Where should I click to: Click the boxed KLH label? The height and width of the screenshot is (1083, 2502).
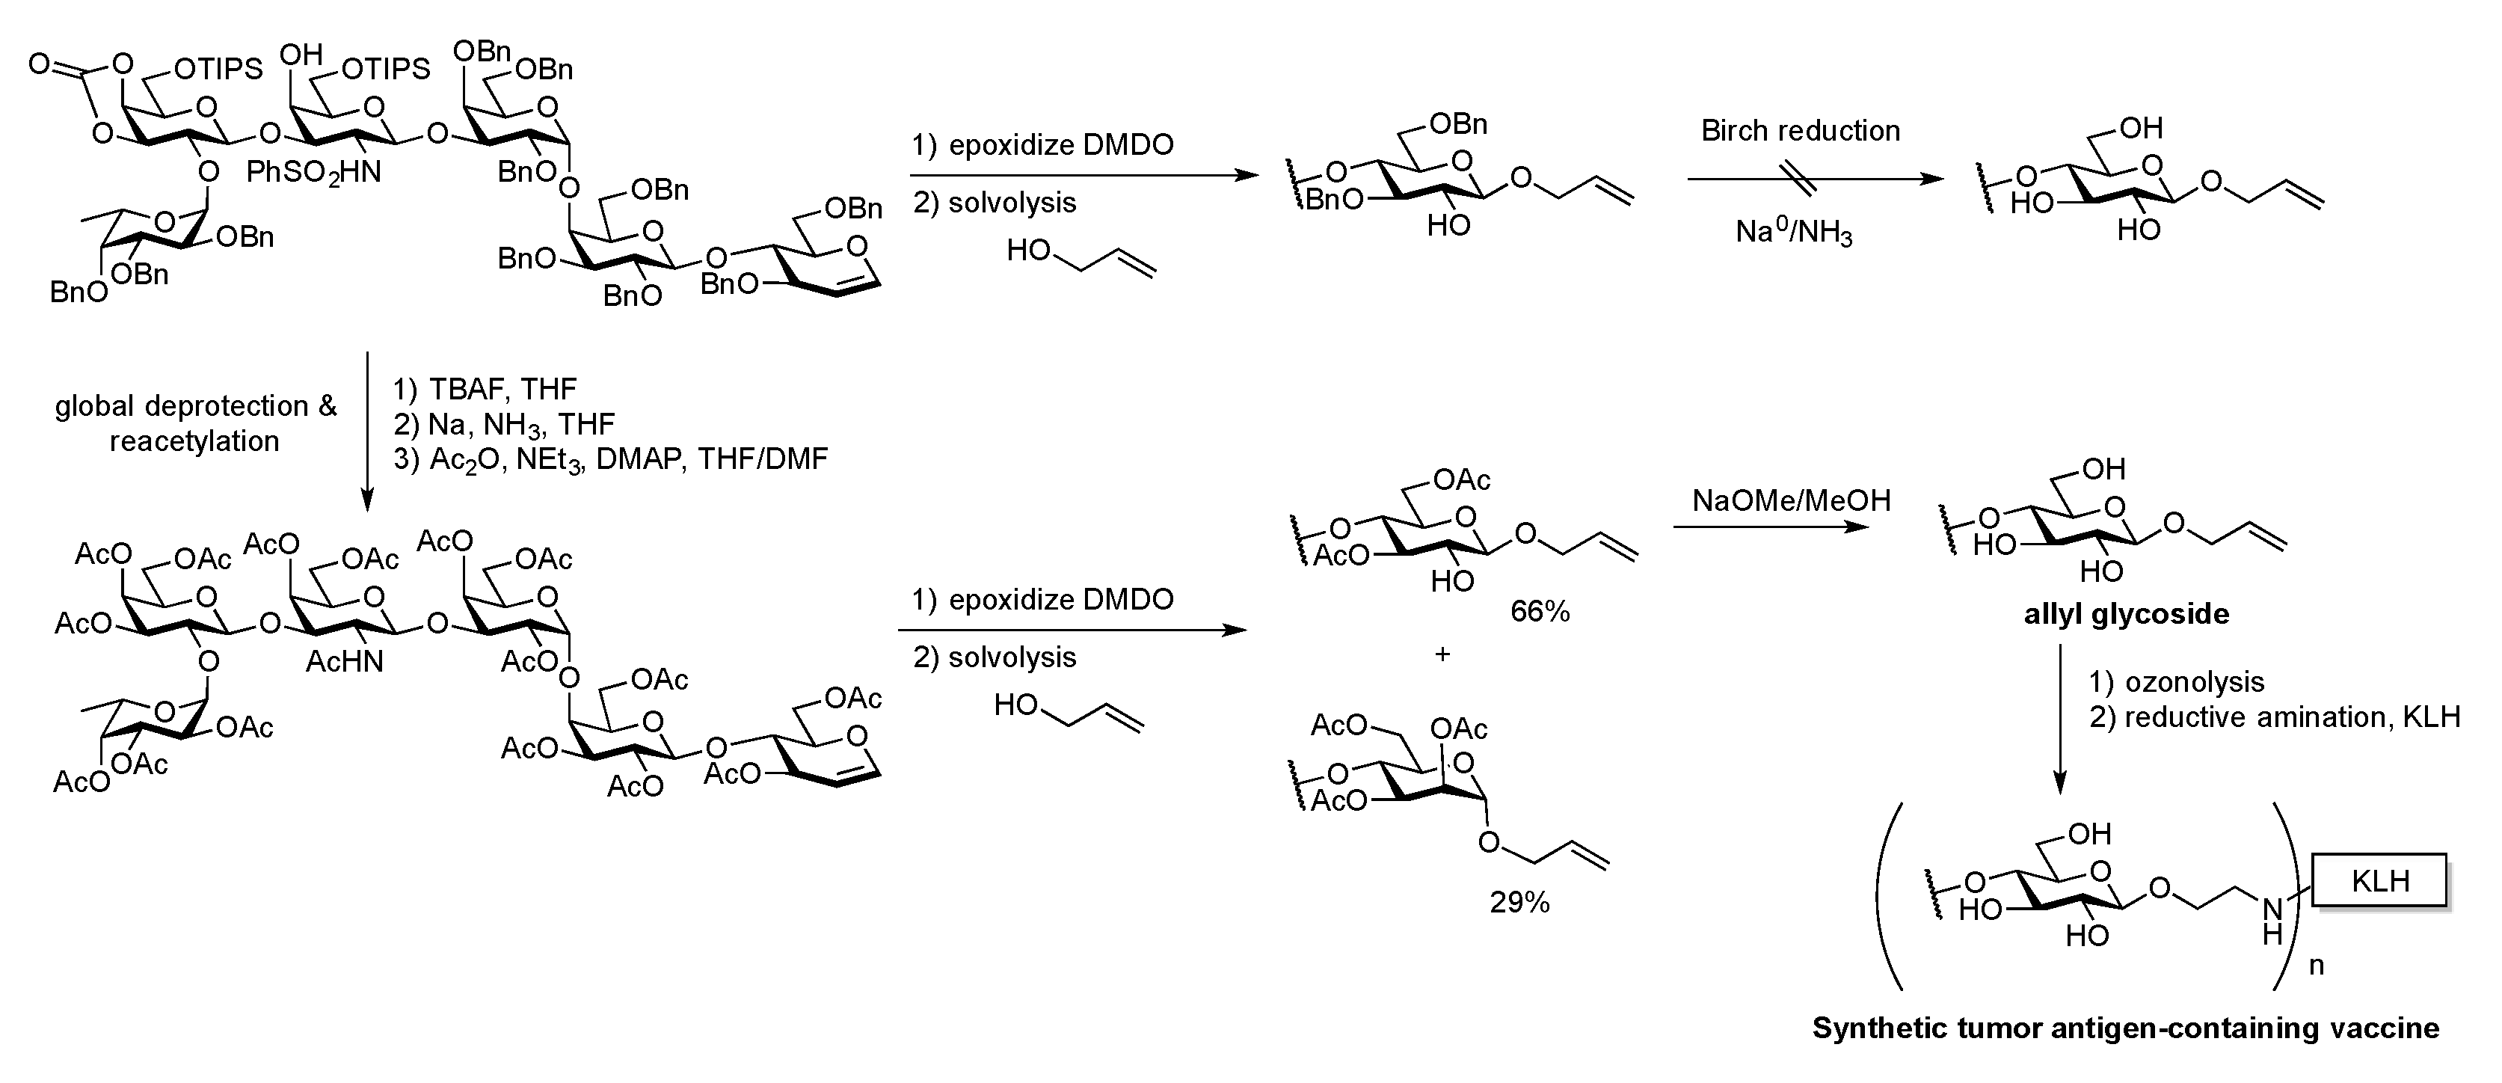(x=2379, y=881)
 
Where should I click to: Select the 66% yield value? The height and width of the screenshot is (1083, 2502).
(x=1540, y=611)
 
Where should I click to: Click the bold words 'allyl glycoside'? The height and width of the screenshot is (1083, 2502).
(x=2126, y=614)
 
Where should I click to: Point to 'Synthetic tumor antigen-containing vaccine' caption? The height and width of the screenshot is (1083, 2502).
(x=2125, y=1028)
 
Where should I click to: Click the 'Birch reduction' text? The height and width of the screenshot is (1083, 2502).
(x=1800, y=131)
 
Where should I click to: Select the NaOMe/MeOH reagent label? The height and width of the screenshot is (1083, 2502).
(x=1791, y=500)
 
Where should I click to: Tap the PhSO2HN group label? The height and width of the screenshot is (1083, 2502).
(x=314, y=173)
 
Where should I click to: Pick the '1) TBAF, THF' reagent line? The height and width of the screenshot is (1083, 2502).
(x=485, y=390)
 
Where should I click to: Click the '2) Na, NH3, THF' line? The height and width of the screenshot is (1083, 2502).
(x=504, y=425)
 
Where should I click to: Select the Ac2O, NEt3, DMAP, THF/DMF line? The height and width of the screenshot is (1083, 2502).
(x=610, y=459)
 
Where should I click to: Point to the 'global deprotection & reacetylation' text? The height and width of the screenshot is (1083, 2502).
(x=195, y=423)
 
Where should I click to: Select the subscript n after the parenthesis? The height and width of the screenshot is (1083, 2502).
(x=2316, y=966)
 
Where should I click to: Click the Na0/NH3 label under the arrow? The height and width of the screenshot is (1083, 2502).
(x=1794, y=233)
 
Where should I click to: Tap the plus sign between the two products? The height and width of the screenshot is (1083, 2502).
(x=1442, y=654)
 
